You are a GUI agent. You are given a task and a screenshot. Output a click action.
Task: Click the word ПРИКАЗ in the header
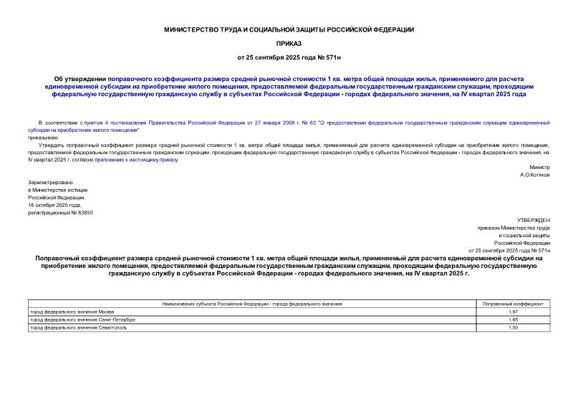289,43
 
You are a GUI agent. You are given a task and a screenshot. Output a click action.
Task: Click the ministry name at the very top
289,29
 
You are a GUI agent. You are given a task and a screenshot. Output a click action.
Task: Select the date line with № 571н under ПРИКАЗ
289,56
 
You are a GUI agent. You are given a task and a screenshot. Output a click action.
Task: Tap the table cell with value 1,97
512,312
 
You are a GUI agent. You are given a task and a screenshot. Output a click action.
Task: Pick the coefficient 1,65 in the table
512,319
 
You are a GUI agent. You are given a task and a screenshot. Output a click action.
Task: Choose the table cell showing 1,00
512,327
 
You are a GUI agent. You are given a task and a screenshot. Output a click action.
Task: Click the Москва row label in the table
71,312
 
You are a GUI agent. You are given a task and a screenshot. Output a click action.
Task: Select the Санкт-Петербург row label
82,319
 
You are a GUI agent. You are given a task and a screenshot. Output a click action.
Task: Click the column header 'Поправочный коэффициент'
512,304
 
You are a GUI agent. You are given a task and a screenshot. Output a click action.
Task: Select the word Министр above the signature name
540,167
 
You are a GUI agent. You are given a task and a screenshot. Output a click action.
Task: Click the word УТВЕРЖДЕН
533,220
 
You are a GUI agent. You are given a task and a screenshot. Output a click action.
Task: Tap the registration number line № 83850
60,213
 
